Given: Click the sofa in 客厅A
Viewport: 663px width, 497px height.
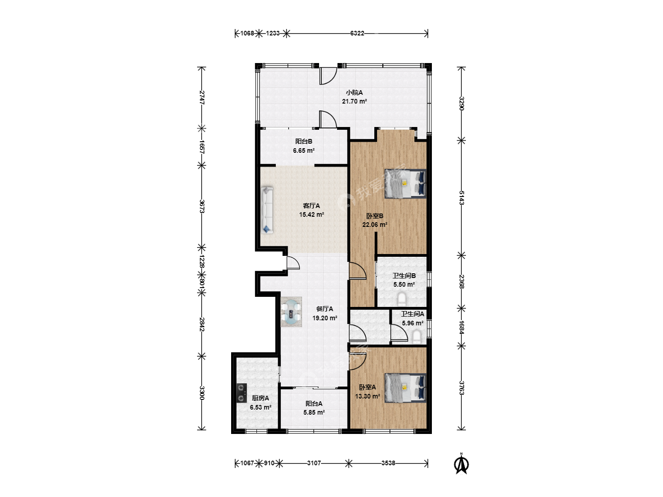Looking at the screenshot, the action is point(267,210).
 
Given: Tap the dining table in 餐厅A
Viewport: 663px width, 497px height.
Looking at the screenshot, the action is point(291,312).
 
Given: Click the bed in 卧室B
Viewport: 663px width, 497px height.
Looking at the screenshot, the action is point(405,184).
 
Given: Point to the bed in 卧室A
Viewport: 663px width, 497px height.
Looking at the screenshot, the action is point(405,388).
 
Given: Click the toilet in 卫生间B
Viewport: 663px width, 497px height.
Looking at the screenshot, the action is point(402,299).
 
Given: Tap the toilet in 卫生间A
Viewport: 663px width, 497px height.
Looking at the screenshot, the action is point(417,337).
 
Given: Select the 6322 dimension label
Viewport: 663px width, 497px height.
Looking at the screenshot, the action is point(357,34).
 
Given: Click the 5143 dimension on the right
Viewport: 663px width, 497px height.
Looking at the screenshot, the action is point(461,198).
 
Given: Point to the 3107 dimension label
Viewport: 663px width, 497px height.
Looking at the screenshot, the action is point(314,463).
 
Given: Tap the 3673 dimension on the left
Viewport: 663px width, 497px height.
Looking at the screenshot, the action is point(202,206).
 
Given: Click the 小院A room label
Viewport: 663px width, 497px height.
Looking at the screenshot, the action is point(355,92).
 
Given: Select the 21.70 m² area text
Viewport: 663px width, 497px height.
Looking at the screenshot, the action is point(355,101).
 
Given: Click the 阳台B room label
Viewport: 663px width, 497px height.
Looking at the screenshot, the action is point(303,141).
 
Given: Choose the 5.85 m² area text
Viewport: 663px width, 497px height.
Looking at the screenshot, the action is point(314,412).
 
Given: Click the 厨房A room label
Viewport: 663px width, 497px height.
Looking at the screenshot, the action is point(261,399).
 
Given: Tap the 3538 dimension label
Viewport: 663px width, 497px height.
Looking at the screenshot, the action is point(388,463).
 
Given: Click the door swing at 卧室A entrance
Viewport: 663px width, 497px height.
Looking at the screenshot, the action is point(358,362).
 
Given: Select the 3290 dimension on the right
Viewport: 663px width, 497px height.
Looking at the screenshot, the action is point(461,103).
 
